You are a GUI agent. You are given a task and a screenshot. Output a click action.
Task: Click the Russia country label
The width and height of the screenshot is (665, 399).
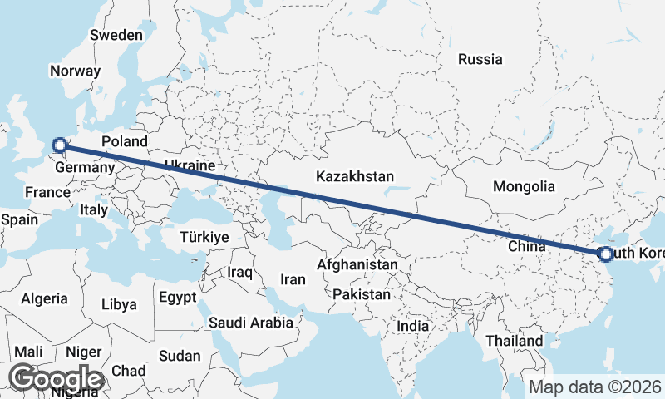tap(480, 59)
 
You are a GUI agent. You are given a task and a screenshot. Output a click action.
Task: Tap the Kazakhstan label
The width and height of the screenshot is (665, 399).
tap(354, 176)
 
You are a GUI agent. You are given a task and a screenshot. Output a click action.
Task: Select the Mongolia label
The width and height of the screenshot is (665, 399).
tap(524, 186)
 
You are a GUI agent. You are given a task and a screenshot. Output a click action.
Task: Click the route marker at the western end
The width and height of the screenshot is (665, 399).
tap(59, 146)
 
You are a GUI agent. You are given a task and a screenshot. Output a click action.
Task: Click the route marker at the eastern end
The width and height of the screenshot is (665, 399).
tap(604, 254)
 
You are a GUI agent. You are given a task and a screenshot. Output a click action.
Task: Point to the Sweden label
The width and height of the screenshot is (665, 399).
tap(116, 35)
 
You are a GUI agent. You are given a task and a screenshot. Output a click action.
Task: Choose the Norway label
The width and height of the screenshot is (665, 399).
tap(75, 71)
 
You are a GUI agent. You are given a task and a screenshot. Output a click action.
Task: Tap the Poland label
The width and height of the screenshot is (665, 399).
tap(125, 142)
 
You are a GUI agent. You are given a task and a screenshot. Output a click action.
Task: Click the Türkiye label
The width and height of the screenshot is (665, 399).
tap(204, 238)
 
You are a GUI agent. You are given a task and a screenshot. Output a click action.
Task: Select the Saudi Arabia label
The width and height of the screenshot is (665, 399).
tap(251, 323)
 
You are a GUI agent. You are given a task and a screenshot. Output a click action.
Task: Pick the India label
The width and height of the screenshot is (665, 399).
tap(413, 326)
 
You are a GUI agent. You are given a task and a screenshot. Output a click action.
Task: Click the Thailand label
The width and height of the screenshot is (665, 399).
tap(515, 341)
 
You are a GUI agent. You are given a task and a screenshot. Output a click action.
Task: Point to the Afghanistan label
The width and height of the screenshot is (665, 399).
tap(357, 264)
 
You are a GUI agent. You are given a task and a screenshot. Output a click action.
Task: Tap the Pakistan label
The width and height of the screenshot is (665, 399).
tap(361, 295)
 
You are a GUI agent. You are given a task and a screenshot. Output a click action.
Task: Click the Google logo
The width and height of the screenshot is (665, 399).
tap(55, 378)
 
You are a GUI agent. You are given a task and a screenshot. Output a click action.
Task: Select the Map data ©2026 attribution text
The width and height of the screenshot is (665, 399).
tap(595, 387)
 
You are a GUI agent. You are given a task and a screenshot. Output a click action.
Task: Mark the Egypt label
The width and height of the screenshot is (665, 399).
tap(177, 297)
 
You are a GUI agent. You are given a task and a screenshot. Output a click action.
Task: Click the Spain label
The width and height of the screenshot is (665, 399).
tap(20, 219)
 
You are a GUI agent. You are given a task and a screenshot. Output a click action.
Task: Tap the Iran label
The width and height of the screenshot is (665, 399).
tap(293, 280)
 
